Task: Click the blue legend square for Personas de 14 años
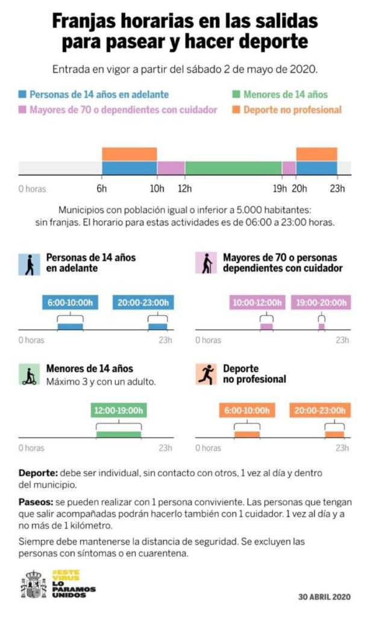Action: (x=23, y=95)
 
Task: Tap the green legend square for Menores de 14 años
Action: (x=237, y=95)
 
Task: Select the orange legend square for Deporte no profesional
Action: (x=237, y=110)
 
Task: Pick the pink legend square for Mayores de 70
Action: (x=23, y=110)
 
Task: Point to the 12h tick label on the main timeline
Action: (x=185, y=189)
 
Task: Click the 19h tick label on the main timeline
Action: (x=279, y=189)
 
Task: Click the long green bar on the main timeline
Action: (x=233, y=168)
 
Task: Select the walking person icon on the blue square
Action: (x=30, y=263)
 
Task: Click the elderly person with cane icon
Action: (x=206, y=263)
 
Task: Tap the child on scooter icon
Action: (x=30, y=374)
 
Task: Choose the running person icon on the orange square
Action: (x=206, y=374)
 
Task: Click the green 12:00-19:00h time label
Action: (x=119, y=412)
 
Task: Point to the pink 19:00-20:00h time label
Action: (x=320, y=302)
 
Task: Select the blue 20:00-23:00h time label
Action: (x=143, y=302)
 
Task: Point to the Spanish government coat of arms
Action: (x=34, y=584)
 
